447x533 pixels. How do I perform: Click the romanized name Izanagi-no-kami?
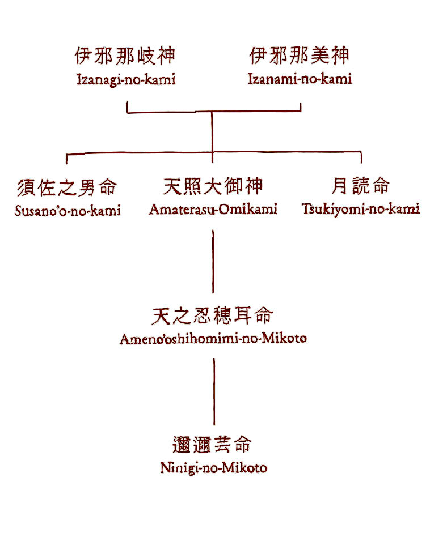coord(126,79)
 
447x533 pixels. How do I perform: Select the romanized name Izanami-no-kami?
coord(300,79)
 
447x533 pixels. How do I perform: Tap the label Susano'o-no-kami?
coord(68,211)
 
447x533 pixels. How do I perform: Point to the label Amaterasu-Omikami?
coord(213,210)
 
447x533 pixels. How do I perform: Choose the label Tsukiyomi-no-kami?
coord(361,209)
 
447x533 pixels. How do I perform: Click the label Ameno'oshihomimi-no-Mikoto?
coord(213,339)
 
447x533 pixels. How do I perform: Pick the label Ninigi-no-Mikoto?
coord(213,468)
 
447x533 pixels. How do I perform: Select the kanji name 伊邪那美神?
coord(300,56)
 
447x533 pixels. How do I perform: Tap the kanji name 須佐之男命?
coord(68,187)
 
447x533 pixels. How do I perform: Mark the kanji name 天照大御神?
coord(213,186)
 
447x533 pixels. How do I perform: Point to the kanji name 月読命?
coord(361,186)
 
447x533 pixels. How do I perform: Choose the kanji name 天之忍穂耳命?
coord(213,315)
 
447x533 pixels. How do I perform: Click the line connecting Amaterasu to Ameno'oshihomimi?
coord(213,261)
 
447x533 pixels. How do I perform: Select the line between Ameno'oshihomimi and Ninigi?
coord(214,391)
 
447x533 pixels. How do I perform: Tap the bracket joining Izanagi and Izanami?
coord(213,111)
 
